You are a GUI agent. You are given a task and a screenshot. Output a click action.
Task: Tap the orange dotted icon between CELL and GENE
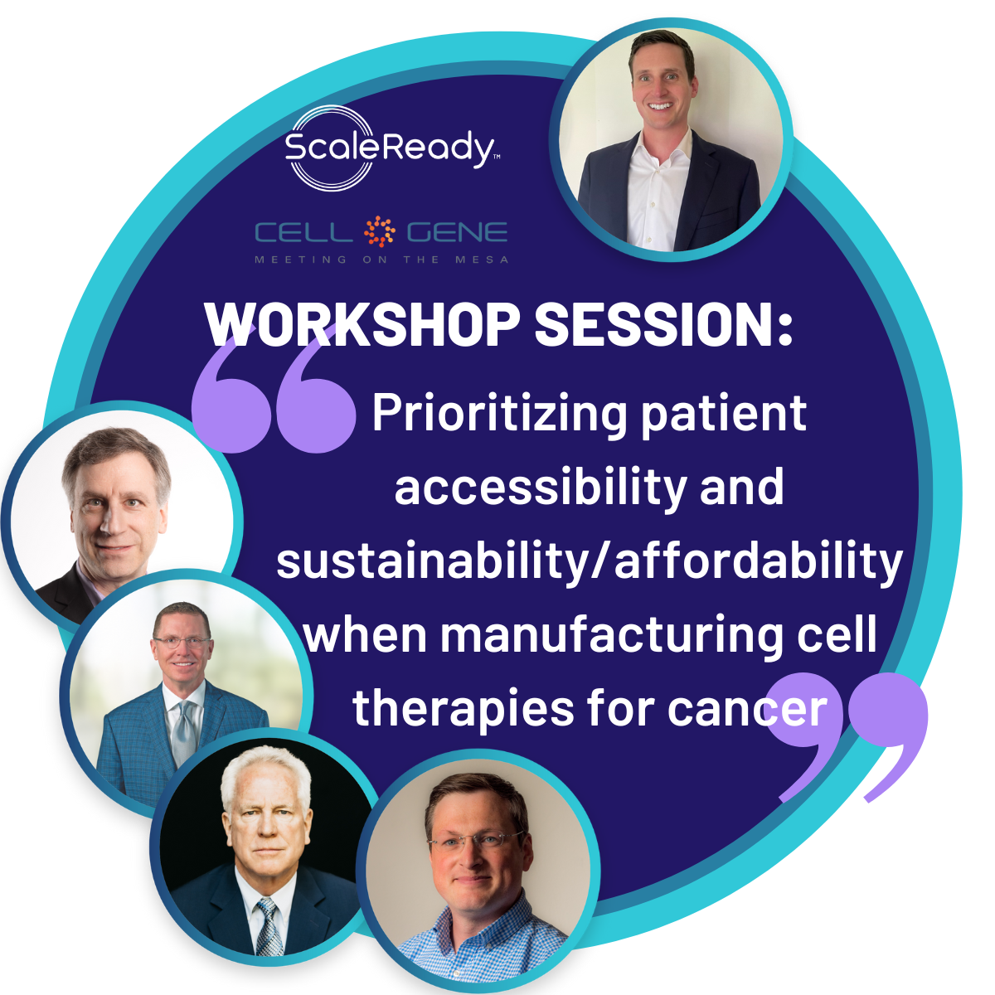tap(380, 231)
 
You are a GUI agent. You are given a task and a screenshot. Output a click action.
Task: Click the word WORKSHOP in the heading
tap(362, 323)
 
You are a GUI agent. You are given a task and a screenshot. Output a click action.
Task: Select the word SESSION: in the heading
tap(664, 323)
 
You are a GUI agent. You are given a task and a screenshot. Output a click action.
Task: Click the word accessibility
tap(541, 487)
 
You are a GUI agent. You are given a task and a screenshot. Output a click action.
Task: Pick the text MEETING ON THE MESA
tap(382, 260)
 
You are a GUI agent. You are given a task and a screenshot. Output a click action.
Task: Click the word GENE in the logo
tap(458, 232)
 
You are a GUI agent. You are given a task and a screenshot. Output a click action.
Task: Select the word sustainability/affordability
tap(590, 561)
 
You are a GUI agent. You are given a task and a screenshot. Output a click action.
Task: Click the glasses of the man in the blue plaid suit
tap(182, 643)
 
